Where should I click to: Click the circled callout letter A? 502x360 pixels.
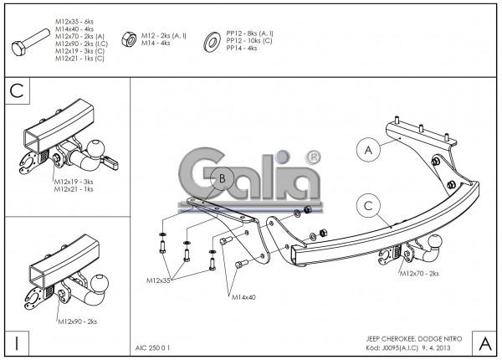click(x=366, y=150)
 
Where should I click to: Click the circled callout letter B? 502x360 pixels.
click(x=222, y=177)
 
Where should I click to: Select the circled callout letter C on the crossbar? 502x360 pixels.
click(x=366, y=204)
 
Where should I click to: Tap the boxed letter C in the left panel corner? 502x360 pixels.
click(x=17, y=91)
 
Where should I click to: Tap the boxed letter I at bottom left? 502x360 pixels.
click(x=17, y=342)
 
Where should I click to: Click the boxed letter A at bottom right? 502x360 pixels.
click(x=484, y=342)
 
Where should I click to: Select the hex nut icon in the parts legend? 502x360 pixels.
click(x=129, y=39)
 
